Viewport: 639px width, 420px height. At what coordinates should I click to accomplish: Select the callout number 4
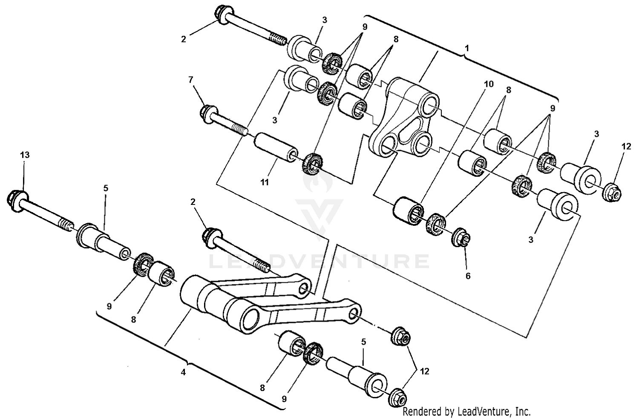pyautogui.click(x=183, y=372)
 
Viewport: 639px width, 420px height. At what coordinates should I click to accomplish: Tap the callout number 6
pyautogui.click(x=468, y=276)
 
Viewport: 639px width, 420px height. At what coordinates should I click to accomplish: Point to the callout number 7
pyautogui.click(x=190, y=79)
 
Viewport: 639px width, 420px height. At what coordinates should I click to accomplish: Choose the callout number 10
pyautogui.click(x=489, y=84)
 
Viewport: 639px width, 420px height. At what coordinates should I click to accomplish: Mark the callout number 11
pyautogui.click(x=265, y=182)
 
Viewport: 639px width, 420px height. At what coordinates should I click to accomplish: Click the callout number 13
pyautogui.click(x=25, y=155)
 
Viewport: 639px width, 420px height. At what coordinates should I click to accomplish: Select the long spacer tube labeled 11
pyautogui.click(x=275, y=147)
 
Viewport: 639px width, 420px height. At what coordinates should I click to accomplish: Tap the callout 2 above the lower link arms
pyautogui.click(x=193, y=202)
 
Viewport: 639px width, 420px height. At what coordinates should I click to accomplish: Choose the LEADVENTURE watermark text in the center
pyautogui.click(x=319, y=261)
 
